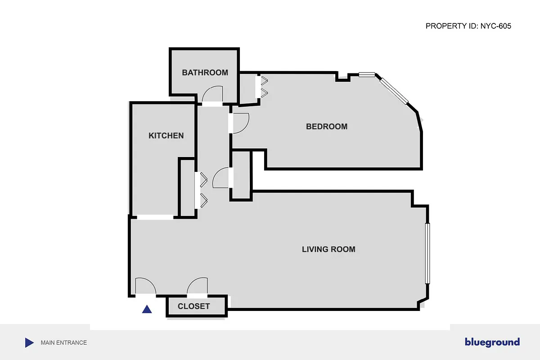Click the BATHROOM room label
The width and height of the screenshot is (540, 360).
[x=205, y=72]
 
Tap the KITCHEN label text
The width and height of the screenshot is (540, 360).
[x=166, y=135]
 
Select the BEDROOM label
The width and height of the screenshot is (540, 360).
[x=327, y=126]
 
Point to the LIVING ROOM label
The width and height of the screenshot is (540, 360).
[x=328, y=249]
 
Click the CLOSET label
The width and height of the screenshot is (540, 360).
[x=193, y=306]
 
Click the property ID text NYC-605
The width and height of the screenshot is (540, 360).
[x=468, y=26]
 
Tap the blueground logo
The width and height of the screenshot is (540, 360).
[x=492, y=342]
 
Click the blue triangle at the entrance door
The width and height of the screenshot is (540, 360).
[x=147, y=309]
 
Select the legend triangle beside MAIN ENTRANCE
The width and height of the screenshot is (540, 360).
[x=29, y=342]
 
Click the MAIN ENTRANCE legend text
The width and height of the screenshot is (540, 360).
[x=63, y=342]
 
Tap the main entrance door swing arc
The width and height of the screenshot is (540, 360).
[x=145, y=287]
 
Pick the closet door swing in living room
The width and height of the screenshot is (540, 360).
[x=198, y=287]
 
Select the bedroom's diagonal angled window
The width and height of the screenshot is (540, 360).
[x=394, y=90]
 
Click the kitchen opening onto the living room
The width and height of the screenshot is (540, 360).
[x=155, y=217]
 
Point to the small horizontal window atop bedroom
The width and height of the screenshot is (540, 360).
[x=367, y=75]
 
